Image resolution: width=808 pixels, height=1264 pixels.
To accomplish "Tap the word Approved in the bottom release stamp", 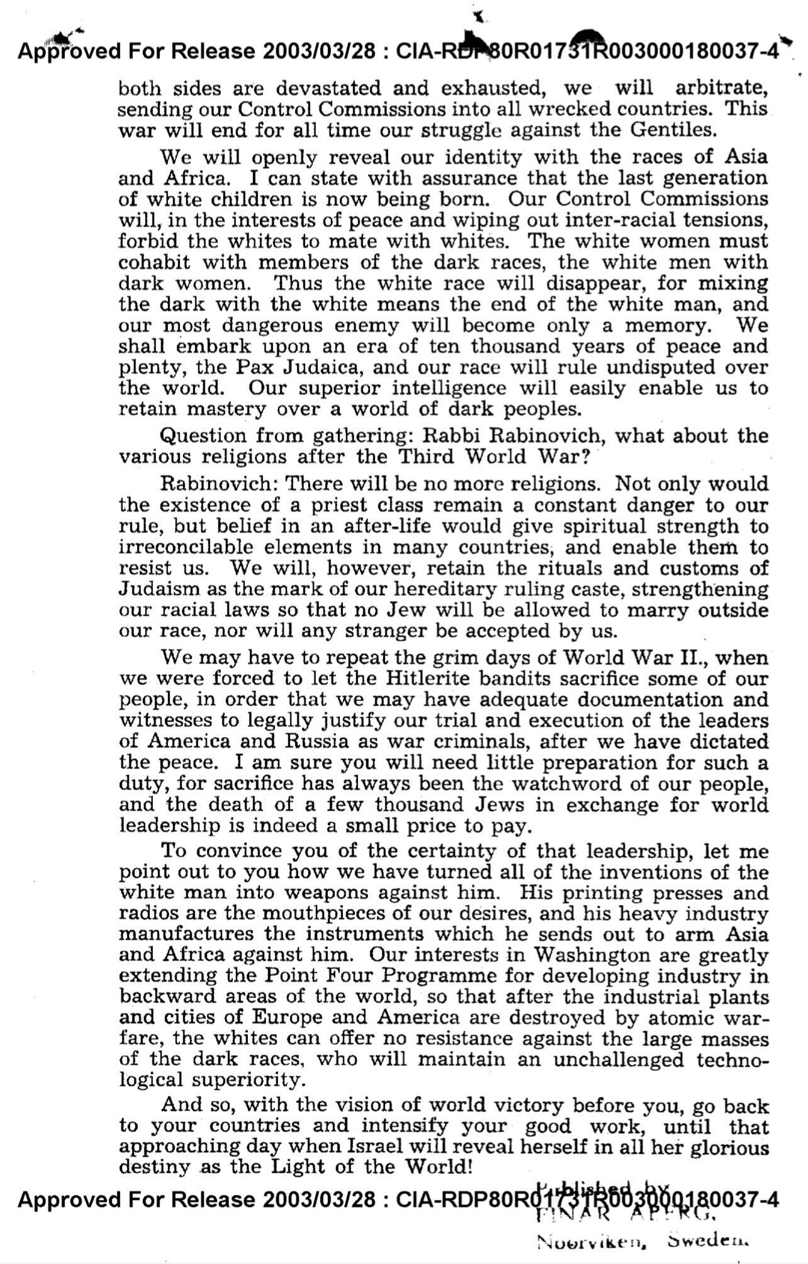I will click(x=69, y=1200).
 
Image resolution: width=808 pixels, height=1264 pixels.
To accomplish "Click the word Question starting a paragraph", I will click(x=203, y=435).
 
